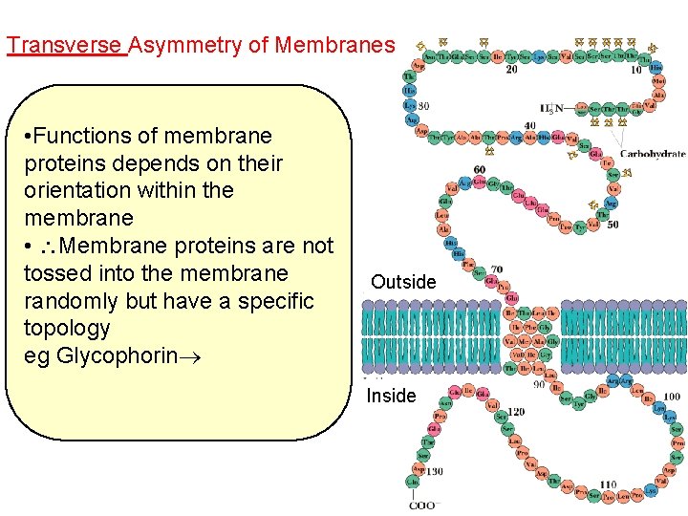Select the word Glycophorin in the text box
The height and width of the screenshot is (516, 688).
119,356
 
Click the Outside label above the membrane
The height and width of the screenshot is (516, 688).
403,282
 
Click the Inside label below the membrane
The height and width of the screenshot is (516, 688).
392,396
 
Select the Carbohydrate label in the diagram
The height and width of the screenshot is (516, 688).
653,154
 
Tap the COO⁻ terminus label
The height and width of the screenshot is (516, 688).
422,505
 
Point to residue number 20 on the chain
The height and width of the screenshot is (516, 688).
512,69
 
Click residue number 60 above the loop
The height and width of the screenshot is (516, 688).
479,169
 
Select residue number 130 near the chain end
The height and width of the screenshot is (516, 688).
433,471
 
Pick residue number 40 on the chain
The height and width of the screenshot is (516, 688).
530,125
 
